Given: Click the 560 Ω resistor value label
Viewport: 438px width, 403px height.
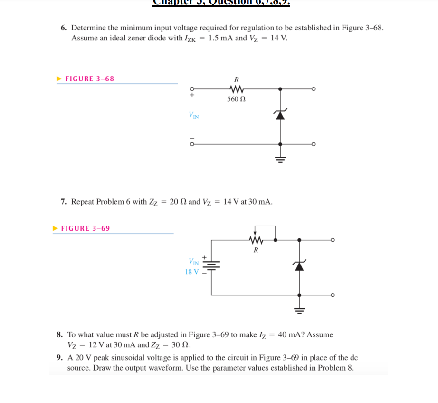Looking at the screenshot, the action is click(236, 99).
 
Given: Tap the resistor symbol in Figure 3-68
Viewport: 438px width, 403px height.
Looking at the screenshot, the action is click(236, 88).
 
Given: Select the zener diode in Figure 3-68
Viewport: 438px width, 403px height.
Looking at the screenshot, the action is click(280, 114).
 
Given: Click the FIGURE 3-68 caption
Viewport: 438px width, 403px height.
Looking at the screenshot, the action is click(89, 79).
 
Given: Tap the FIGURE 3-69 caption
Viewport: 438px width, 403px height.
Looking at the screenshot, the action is click(86, 228).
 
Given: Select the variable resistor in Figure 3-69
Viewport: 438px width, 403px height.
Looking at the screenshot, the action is click(256, 240).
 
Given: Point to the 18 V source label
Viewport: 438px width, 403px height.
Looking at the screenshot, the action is click(192, 272).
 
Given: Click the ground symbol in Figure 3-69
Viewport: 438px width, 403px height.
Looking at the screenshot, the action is click(299, 310).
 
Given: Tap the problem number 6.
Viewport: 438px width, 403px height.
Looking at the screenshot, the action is click(63, 28).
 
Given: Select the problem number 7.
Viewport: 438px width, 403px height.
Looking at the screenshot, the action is click(63, 202).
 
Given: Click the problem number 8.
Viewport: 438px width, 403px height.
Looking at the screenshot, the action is click(59, 335).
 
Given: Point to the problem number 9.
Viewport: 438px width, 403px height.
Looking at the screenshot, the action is click(59, 358).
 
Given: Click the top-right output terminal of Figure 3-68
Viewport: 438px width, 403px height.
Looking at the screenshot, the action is click(314, 88).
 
